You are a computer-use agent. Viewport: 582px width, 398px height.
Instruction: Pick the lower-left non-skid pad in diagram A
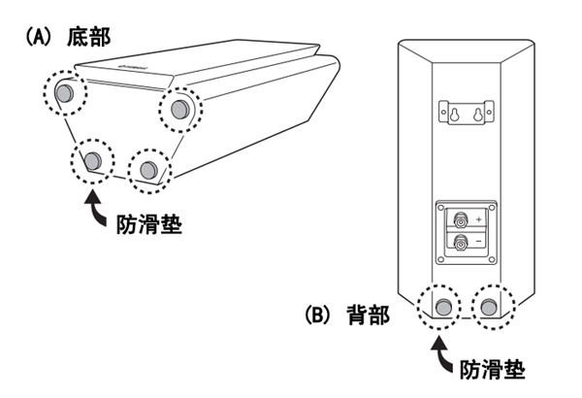93,160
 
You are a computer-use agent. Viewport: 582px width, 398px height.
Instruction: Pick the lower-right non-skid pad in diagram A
147,170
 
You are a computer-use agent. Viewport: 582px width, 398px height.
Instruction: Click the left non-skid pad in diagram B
443,308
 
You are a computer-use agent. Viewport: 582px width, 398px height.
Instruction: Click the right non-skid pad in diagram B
488,308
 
